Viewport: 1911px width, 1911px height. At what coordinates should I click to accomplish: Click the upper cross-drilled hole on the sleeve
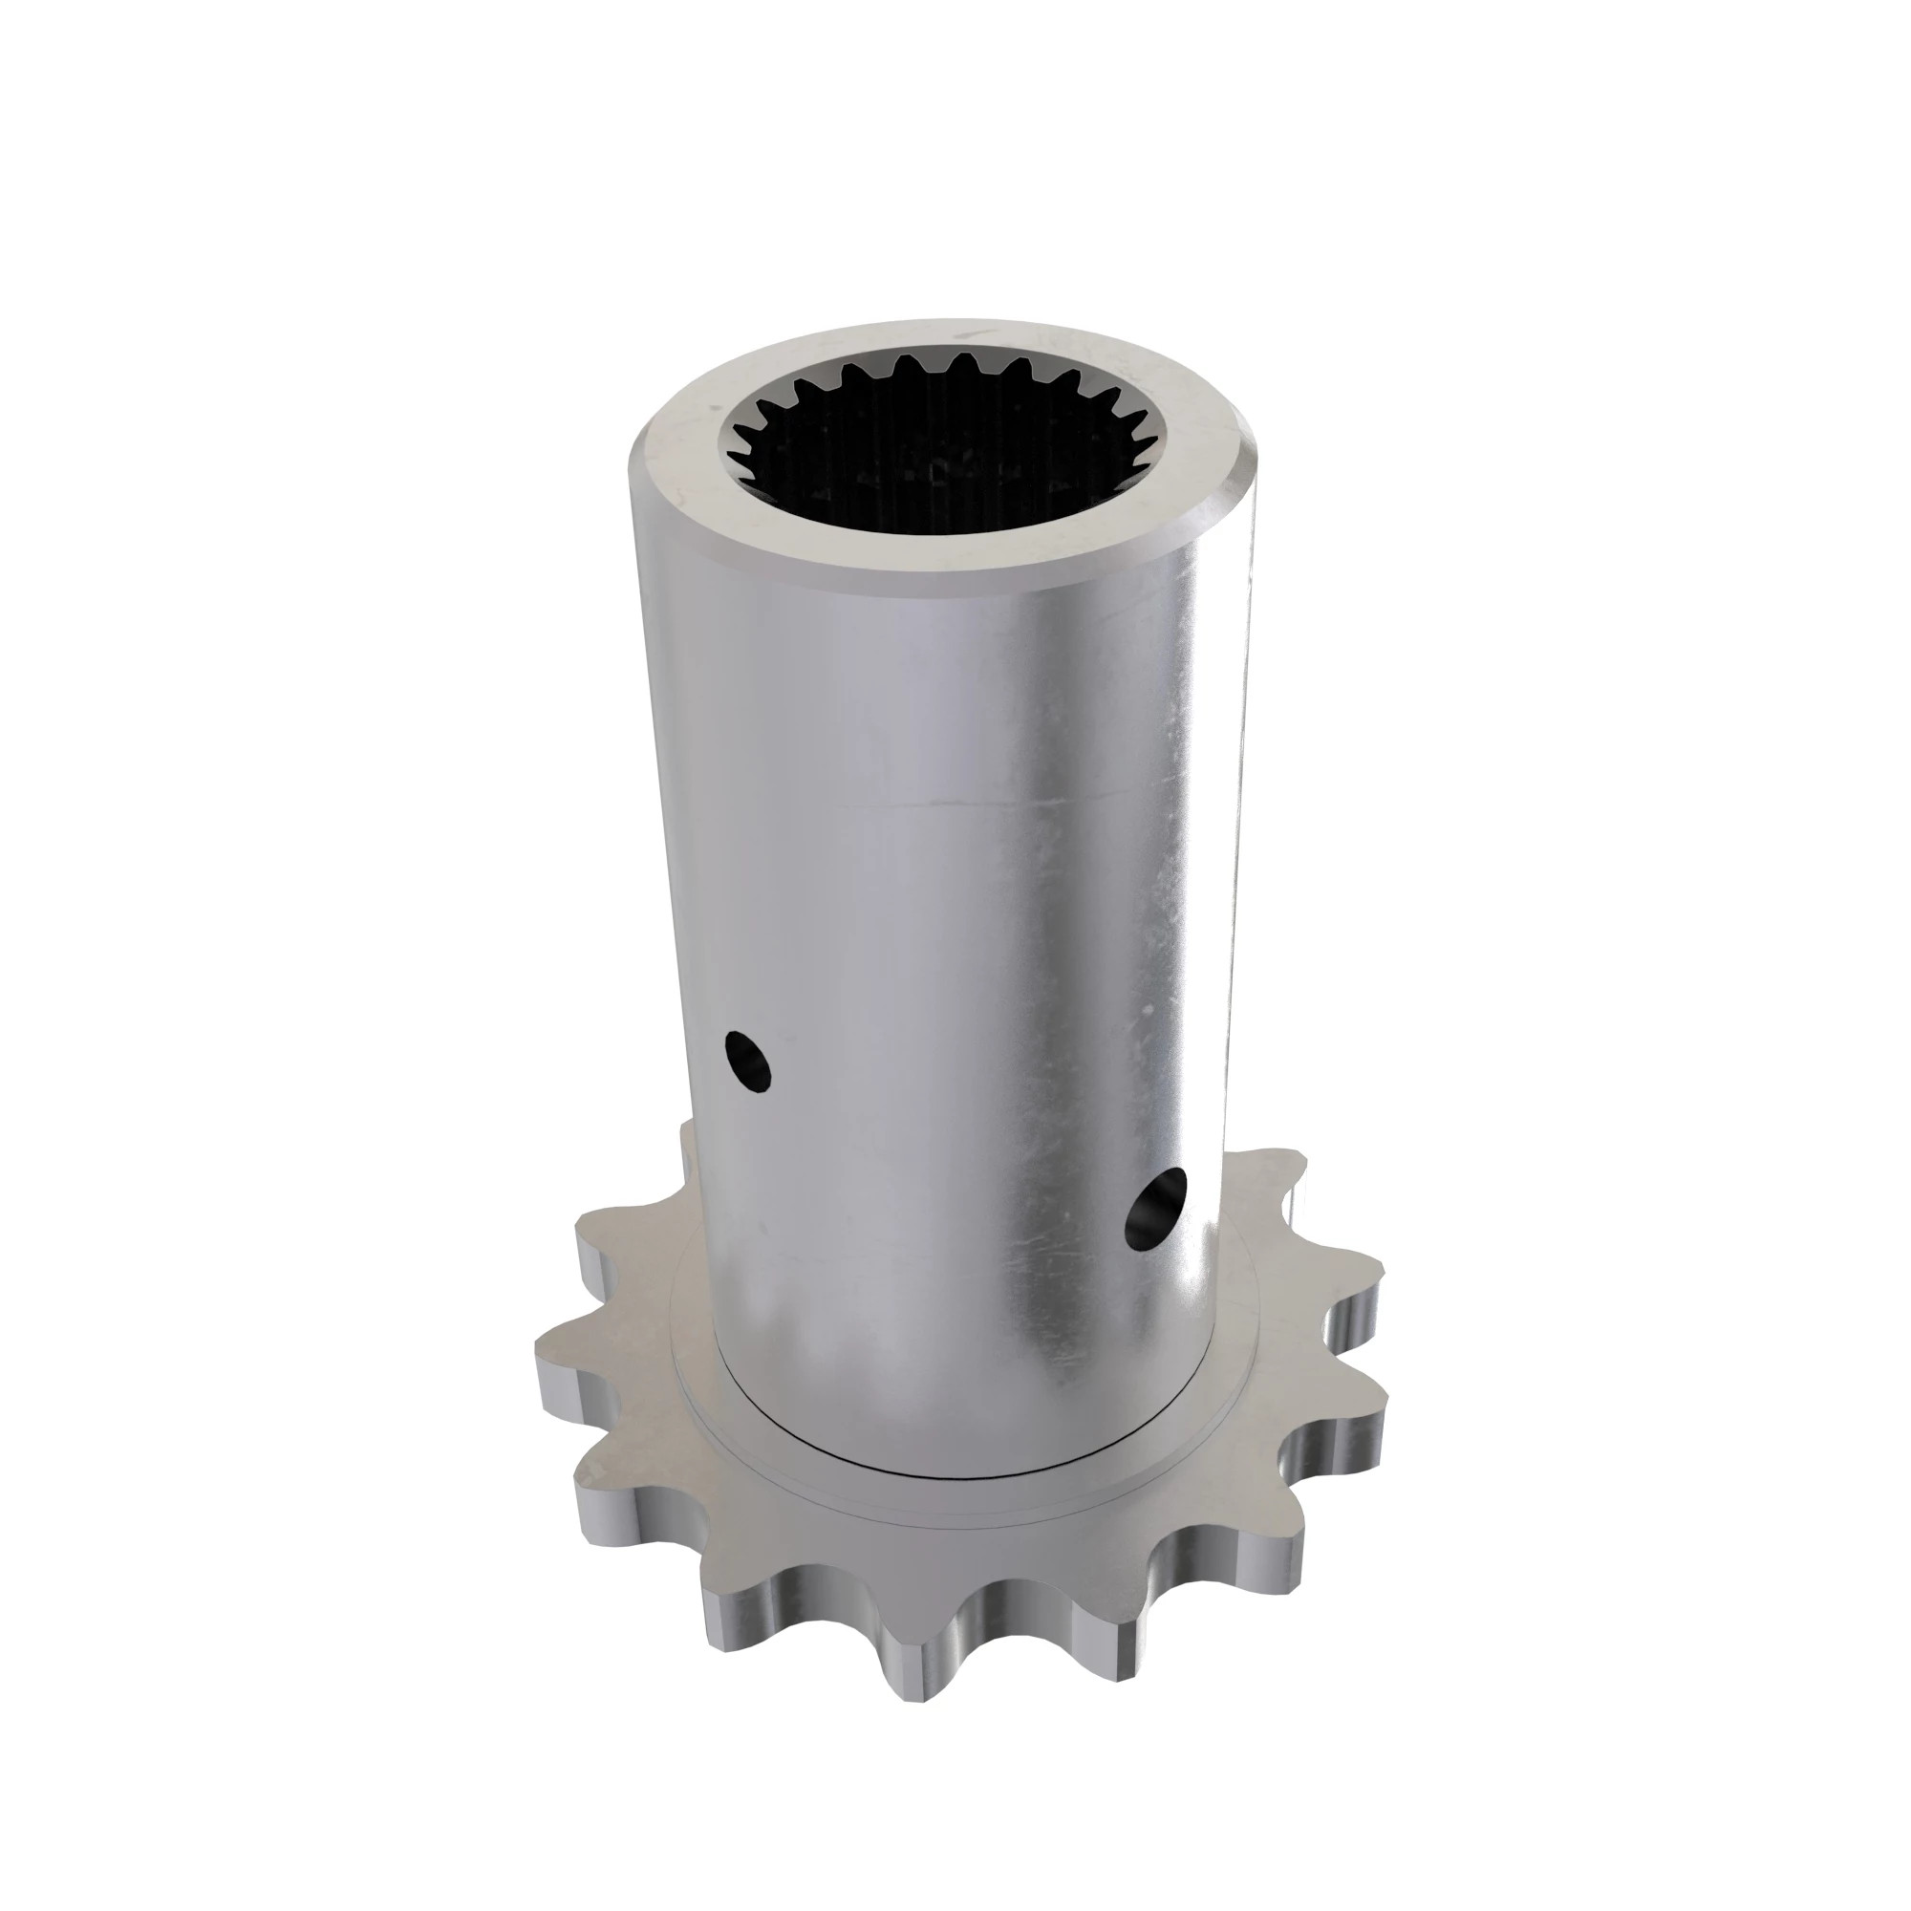click(x=747, y=1062)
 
